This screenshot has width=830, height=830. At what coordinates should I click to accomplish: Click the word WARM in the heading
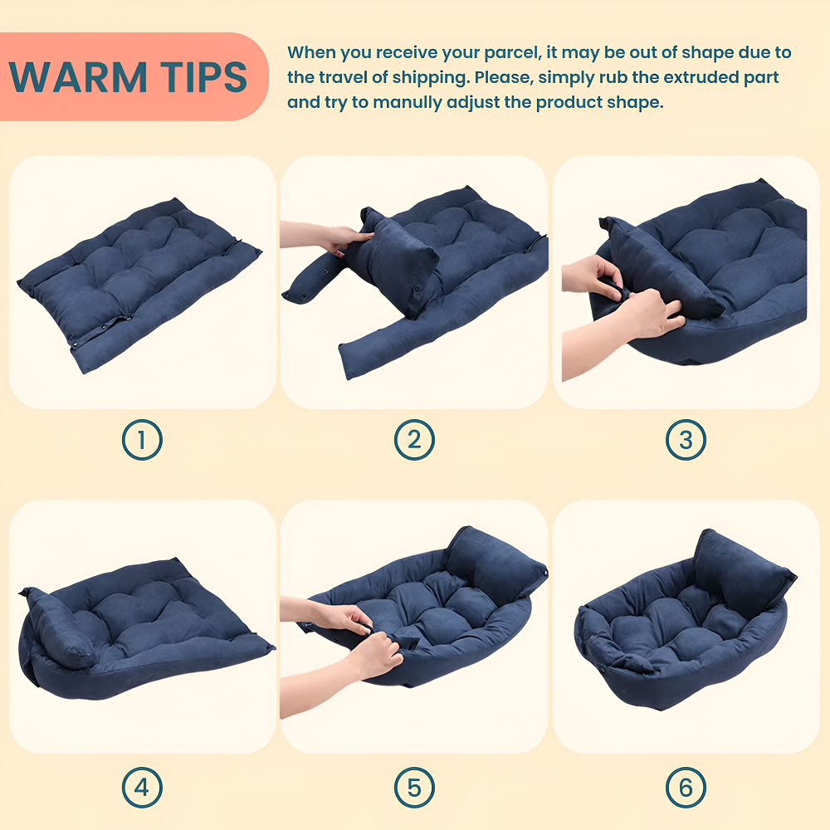tap(77, 77)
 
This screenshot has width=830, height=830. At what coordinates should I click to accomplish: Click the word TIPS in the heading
tap(204, 77)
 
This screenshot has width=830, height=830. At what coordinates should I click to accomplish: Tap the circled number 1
tap(142, 440)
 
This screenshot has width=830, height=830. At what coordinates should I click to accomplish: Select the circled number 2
tap(414, 440)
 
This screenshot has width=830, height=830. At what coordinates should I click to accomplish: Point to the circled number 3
tap(686, 440)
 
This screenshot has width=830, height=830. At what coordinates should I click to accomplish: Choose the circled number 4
tap(142, 788)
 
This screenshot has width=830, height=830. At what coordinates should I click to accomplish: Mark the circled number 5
tap(414, 788)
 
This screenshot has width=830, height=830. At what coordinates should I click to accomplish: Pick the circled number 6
tap(686, 788)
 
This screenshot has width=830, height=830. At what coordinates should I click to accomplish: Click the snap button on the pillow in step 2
tap(417, 289)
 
